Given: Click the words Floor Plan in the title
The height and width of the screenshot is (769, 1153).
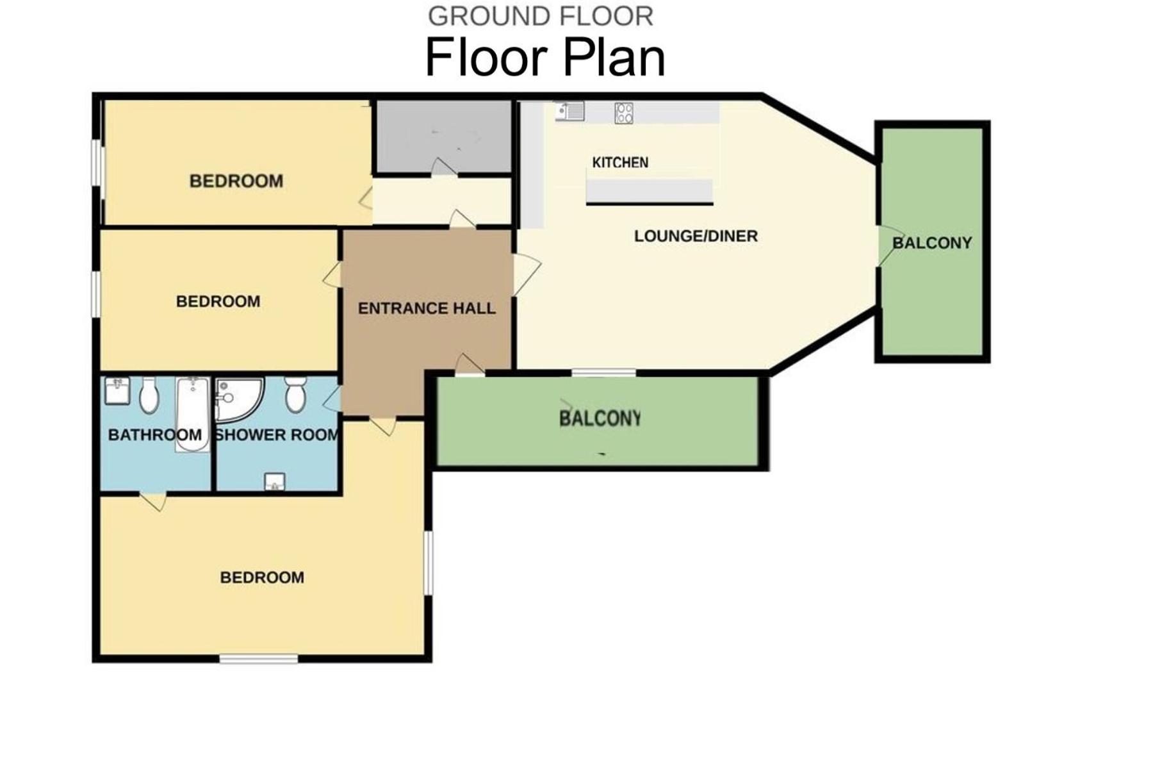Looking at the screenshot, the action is [x=545, y=58].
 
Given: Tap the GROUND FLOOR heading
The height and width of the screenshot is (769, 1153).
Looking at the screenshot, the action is [x=541, y=17].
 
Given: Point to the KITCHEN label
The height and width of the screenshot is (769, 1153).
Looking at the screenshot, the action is [x=620, y=163].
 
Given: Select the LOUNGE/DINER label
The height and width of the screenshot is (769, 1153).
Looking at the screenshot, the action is [x=696, y=236].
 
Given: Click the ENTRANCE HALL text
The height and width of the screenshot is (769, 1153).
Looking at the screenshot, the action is [x=427, y=308].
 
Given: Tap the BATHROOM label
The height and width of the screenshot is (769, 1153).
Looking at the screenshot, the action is [x=155, y=435].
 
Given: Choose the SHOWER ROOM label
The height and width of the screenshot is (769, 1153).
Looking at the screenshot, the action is [x=277, y=435].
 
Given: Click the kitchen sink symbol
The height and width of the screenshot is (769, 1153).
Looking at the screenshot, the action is [x=569, y=112].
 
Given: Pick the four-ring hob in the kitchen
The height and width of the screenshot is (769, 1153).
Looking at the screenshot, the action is [x=624, y=113].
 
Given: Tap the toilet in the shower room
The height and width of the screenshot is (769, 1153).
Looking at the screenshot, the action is [x=295, y=394].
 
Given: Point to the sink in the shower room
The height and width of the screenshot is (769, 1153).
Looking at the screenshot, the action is [x=275, y=482].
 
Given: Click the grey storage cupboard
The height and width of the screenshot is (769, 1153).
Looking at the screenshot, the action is [x=443, y=136].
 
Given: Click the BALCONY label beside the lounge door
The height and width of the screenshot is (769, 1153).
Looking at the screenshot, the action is [x=932, y=243].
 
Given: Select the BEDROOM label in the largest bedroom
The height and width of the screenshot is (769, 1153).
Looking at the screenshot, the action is [x=262, y=577].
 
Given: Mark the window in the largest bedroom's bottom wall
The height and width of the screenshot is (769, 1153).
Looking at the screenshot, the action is [x=259, y=658].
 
